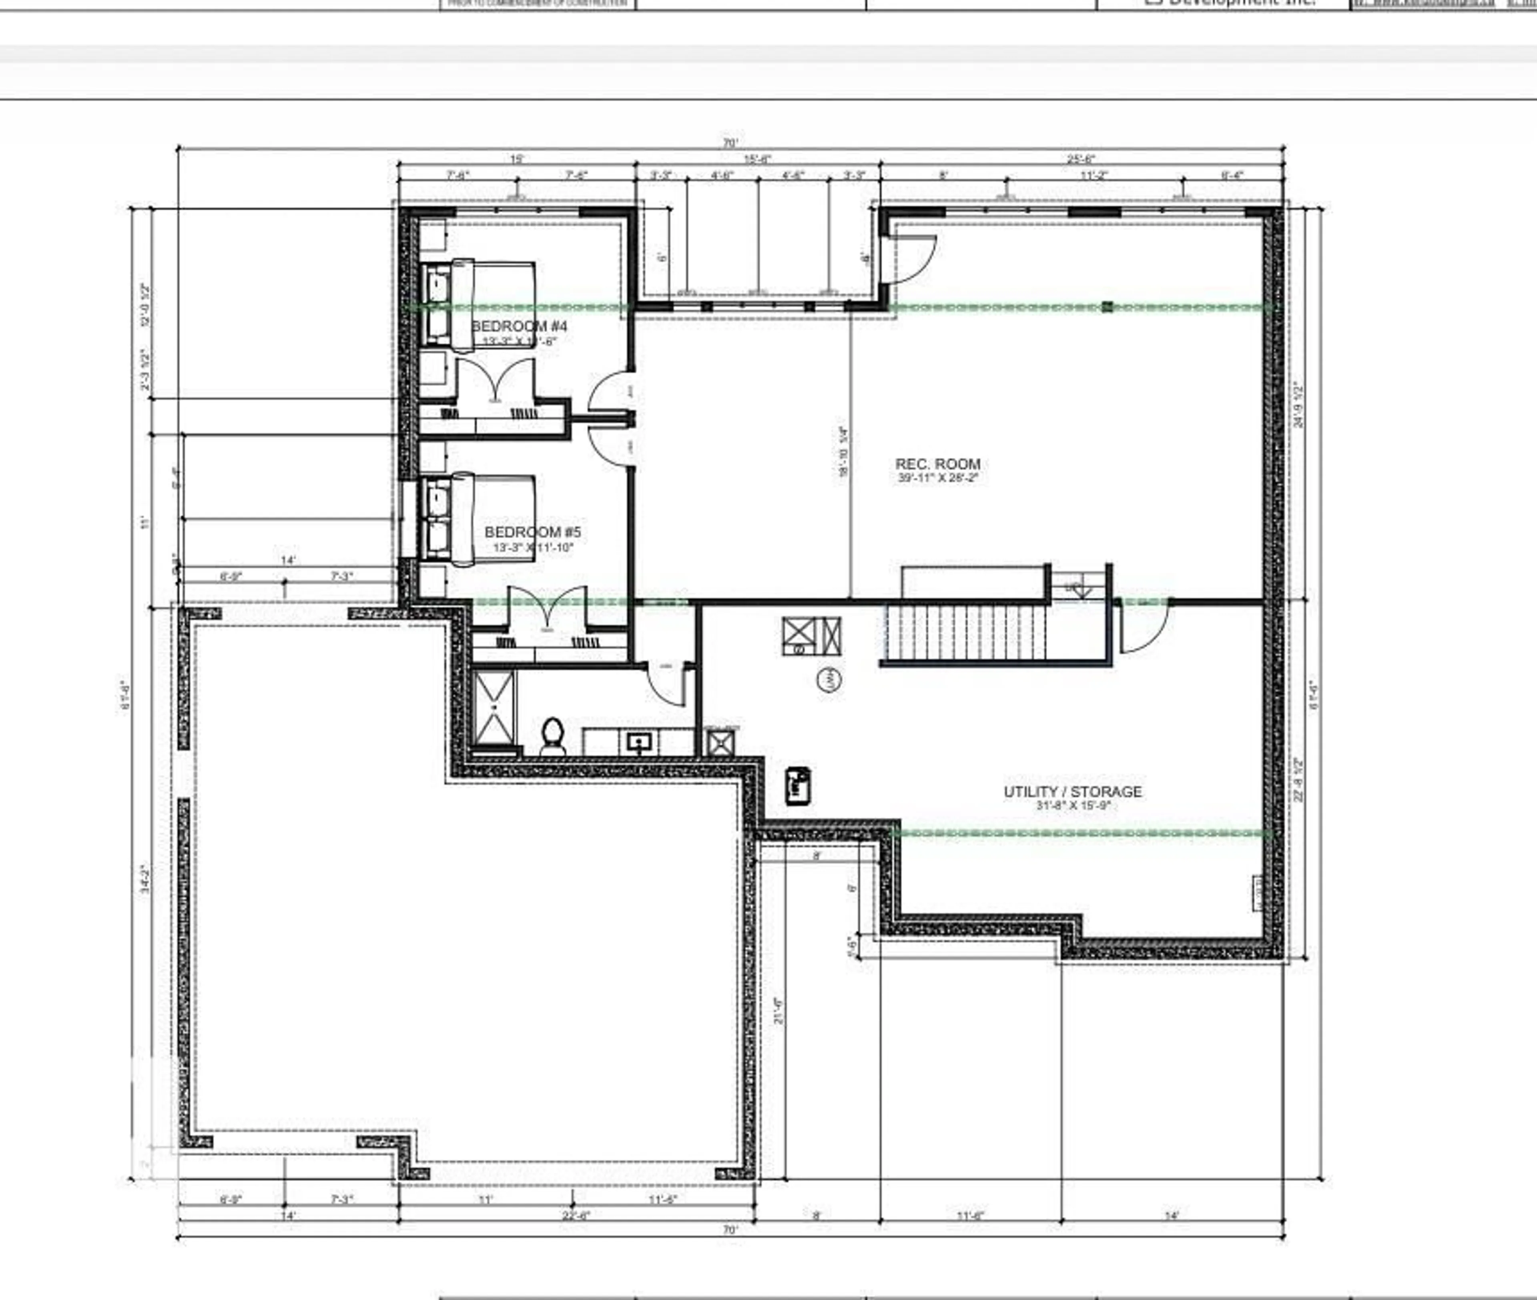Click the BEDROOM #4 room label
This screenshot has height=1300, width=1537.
(519, 326)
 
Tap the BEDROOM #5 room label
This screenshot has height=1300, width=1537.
(532, 532)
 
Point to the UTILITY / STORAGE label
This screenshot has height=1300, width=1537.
(1073, 791)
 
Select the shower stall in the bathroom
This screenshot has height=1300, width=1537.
(493, 707)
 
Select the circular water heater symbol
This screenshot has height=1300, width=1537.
(829, 679)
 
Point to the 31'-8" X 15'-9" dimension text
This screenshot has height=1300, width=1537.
(1073, 805)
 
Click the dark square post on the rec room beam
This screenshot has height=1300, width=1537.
(1107, 306)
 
